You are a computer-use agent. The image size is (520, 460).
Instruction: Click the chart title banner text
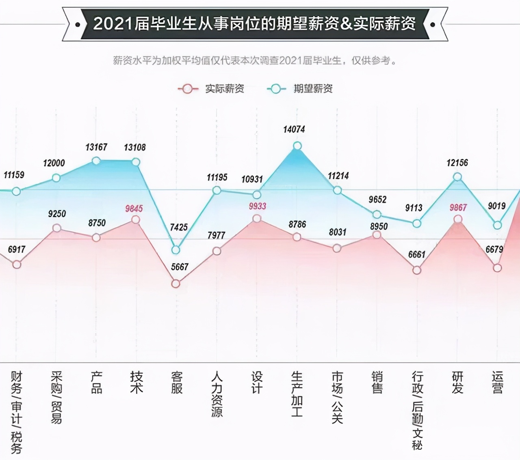(x=255, y=24)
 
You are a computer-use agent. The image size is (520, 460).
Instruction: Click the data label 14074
(x=294, y=129)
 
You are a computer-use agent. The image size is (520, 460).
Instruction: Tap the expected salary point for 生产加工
(x=297, y=146)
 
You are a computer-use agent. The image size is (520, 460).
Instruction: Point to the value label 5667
(x=180, y=267)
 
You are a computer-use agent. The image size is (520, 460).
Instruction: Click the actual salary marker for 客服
(x=175, y=284)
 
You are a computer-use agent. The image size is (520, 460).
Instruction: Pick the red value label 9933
(x=258, y=206)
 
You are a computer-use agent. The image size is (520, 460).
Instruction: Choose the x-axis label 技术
(x=136, y=382)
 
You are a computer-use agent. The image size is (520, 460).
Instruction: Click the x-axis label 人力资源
(x=217, y=394)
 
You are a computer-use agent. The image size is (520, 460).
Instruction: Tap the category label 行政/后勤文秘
(x=417, y=410)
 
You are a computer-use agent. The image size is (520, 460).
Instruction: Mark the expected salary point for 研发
(x=457, y=177)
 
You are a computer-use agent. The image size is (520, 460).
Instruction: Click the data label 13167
(x=96, y=147)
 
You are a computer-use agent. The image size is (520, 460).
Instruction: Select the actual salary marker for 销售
(x=377, y=234)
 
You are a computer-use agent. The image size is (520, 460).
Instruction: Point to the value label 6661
(x=417, y=255)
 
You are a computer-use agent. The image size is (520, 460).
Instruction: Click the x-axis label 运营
(x=498, y=382)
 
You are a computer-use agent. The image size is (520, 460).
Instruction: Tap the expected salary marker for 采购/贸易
(x=56, y=178)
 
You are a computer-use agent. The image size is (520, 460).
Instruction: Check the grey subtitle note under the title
(x=255, y=61)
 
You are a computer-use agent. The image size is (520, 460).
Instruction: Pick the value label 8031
(x=338, y=232)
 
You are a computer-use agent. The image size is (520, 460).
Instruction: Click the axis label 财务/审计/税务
(x=16, y=412)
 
